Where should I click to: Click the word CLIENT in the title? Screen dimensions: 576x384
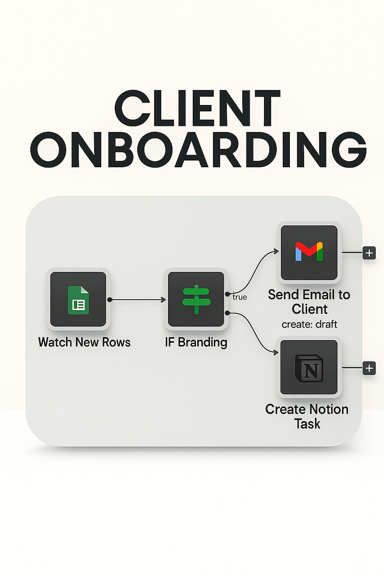tap(197, 109)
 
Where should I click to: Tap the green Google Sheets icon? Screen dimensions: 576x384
tap(78, 300)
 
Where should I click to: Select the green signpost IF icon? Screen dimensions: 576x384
tap(196, 300)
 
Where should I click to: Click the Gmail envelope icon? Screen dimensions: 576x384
tap(309, 251)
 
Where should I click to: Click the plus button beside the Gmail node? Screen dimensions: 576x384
tap(369, 253)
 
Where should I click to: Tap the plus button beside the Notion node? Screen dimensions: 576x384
tap(369, 368)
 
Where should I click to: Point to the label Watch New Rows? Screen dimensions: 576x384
tap(84, 342)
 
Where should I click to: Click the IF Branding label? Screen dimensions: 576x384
tap(196, 342)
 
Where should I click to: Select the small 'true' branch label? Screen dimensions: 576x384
tap(240, 297)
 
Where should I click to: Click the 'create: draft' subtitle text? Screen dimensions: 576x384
tap(309, 324)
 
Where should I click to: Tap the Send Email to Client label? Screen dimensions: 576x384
tap(309, 302)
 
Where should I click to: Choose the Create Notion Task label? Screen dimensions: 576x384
tap(307, 416)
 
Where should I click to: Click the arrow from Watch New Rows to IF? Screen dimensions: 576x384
tap(137, 300)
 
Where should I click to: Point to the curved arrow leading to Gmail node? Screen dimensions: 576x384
tap(255, 270)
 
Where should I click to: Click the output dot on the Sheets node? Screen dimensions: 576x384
tap(109, 300)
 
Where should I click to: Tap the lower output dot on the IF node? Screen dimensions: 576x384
tap(227, 313)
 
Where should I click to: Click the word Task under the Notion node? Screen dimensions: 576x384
tap(307, 424)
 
